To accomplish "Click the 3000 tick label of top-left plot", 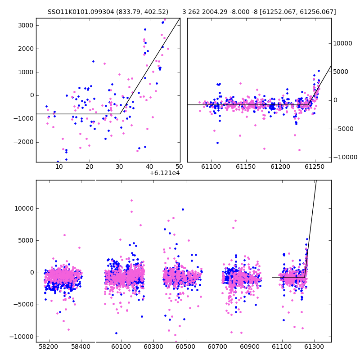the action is (x=26, y=25).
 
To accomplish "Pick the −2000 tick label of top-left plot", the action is (x=23, y=142).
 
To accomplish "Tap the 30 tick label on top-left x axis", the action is (x=119, y=166).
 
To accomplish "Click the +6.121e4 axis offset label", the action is (x=165, y=173).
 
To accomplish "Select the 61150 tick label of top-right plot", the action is (x=246, y=166).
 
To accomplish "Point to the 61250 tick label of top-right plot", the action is (x=315, y=166).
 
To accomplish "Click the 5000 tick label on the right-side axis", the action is (x=341, y=72).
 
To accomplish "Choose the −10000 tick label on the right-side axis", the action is (x=345, y=157).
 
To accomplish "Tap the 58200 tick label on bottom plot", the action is (x=49, y=346).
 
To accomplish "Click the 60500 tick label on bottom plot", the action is (x=185, y=346).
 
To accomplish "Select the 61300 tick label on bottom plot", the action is (x=314, y=346).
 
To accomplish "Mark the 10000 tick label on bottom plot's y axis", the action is (x=24, y=208).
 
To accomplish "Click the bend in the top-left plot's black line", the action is (x=120, y=114).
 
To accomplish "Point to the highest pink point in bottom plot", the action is (x=131, y=200).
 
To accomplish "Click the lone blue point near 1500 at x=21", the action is (x=93, y=62).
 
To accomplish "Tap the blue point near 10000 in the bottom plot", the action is (x=183, y=209).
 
